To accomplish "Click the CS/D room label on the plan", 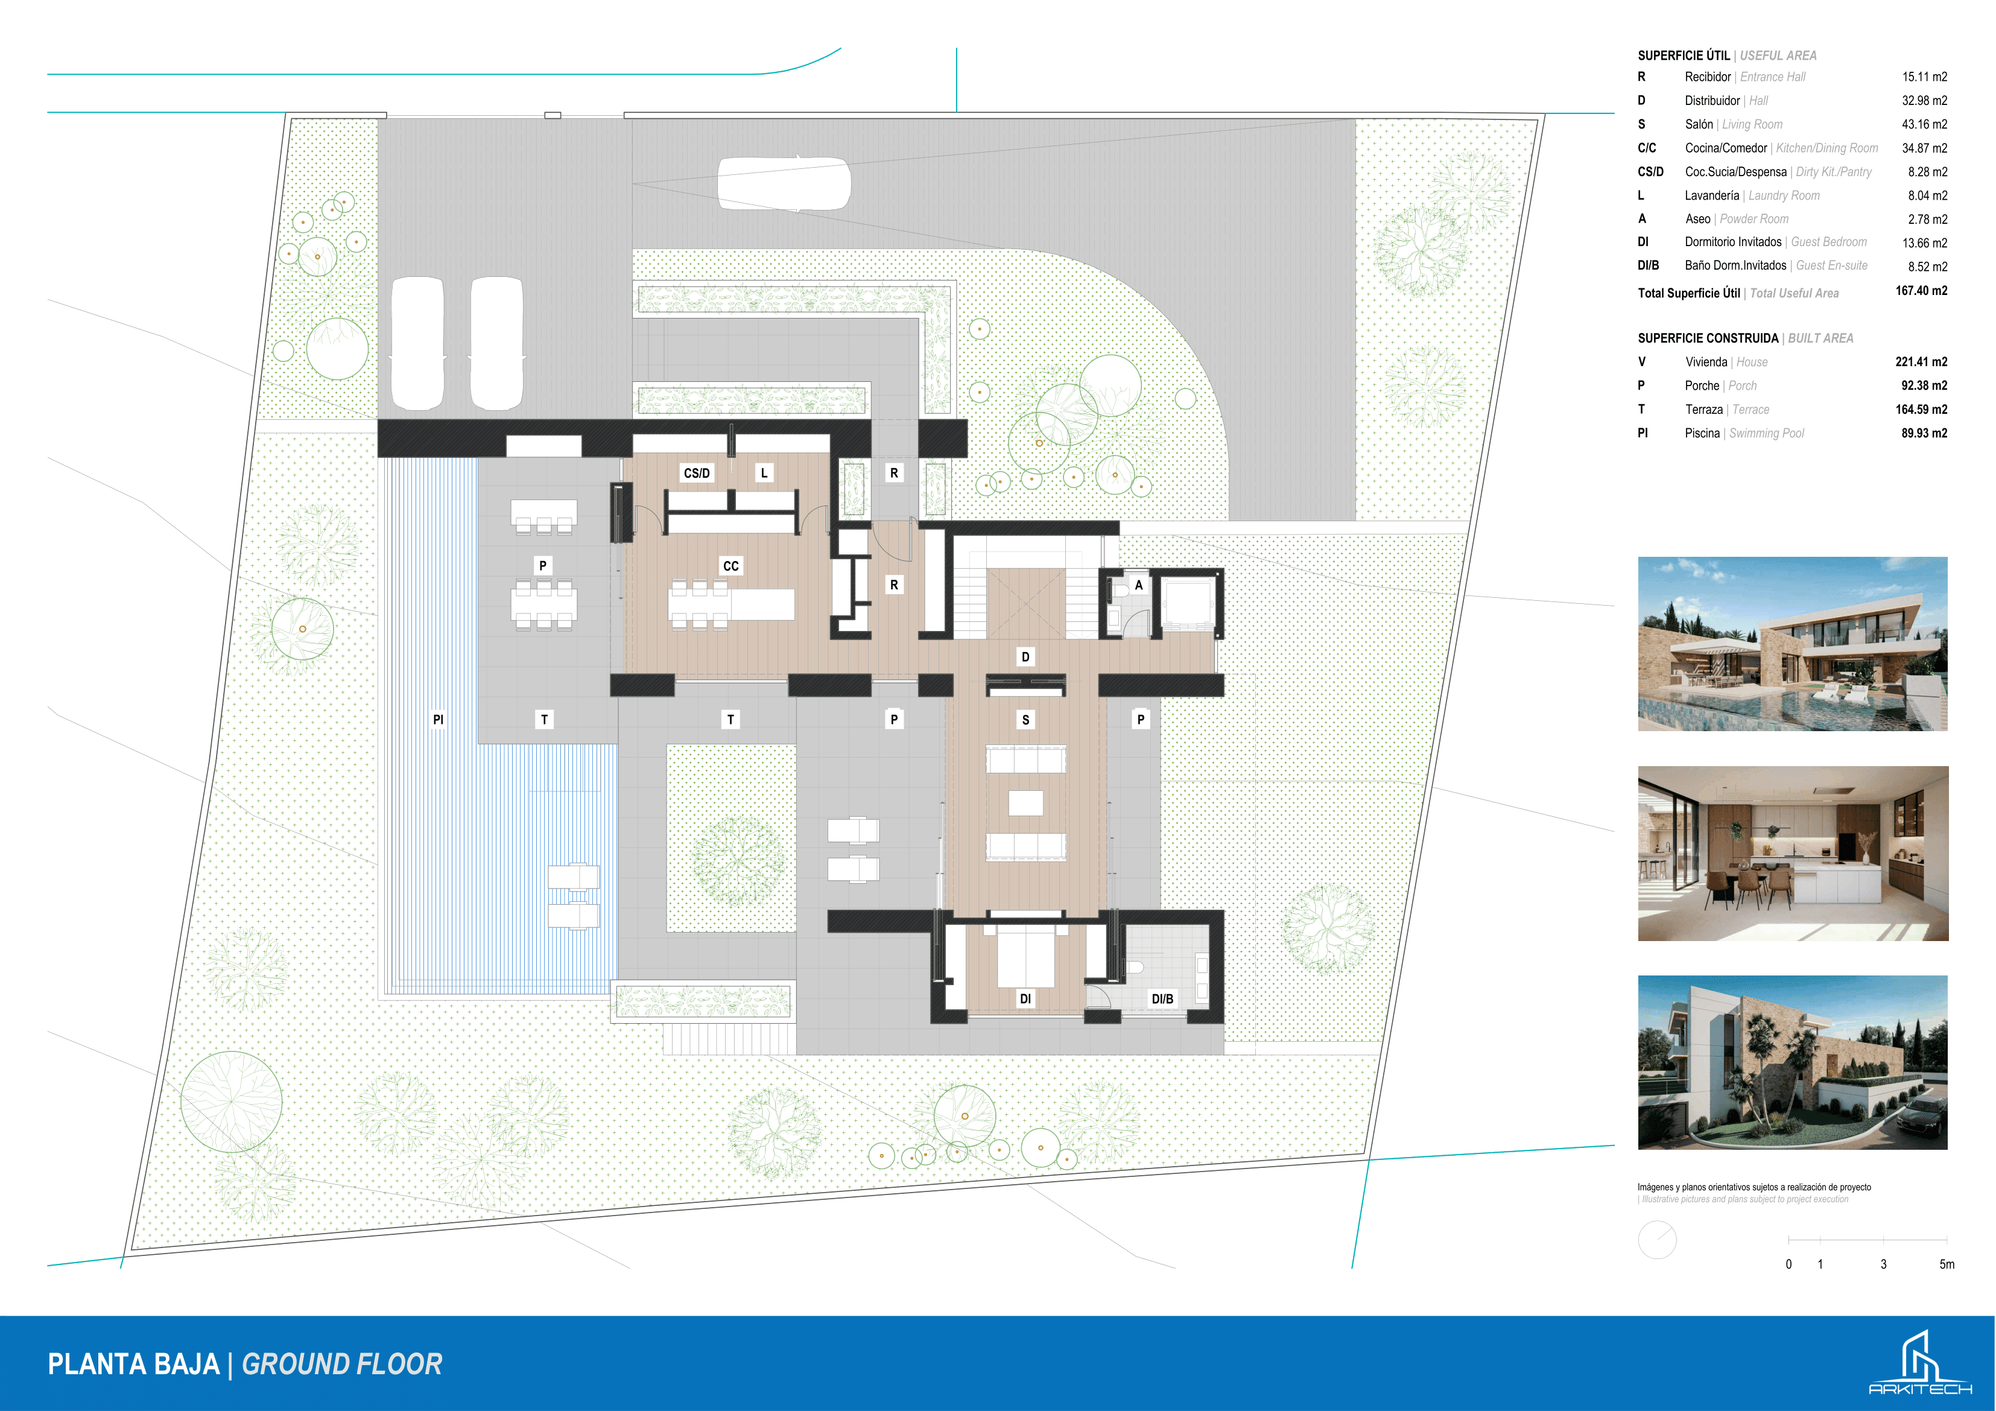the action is click(x=696, y=473).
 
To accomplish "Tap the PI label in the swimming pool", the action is click(x=438, y=719).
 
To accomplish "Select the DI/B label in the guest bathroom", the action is click(x=1162, y=999).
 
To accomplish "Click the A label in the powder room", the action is click(x=1139, y=585).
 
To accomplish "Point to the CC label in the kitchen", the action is click(x=731, y=566).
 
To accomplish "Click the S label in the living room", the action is click(x=1026, y=720).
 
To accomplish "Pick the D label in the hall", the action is click(x=1026, y=658).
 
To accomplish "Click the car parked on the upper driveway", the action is click(x=784, y=183).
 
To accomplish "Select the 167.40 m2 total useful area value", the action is click(x=1921, y=291).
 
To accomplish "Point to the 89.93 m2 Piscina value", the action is click(x=1924, y=433).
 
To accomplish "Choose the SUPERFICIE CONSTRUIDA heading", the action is click(x=1708, y=338).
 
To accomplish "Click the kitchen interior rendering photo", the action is click(x=1793, y=854).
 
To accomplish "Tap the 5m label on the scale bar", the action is click(x=1947, y=1264).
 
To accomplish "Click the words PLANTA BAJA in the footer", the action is click(x=134, y=1364).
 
